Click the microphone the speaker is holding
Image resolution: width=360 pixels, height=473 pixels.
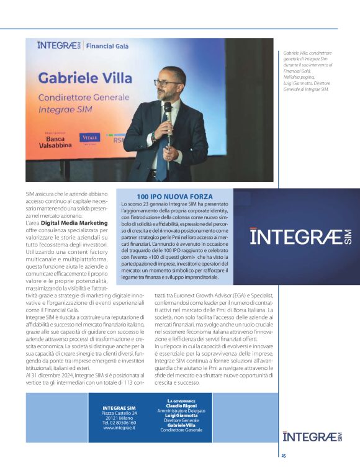tap(167, 111)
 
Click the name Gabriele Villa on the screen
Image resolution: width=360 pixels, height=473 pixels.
tap(85, 78)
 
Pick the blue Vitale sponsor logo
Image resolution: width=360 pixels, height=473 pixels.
tap(89, 138)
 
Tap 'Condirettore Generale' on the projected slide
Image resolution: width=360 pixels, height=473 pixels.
tap(83, 97)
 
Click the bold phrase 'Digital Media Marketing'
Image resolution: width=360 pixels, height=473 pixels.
tap(74, 222)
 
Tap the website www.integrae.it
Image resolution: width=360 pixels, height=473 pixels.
tap(119, 428)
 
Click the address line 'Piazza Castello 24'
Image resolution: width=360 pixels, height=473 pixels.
tap(119, 413)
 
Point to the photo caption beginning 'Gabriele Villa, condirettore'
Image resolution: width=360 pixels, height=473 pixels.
tap(307, 71)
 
